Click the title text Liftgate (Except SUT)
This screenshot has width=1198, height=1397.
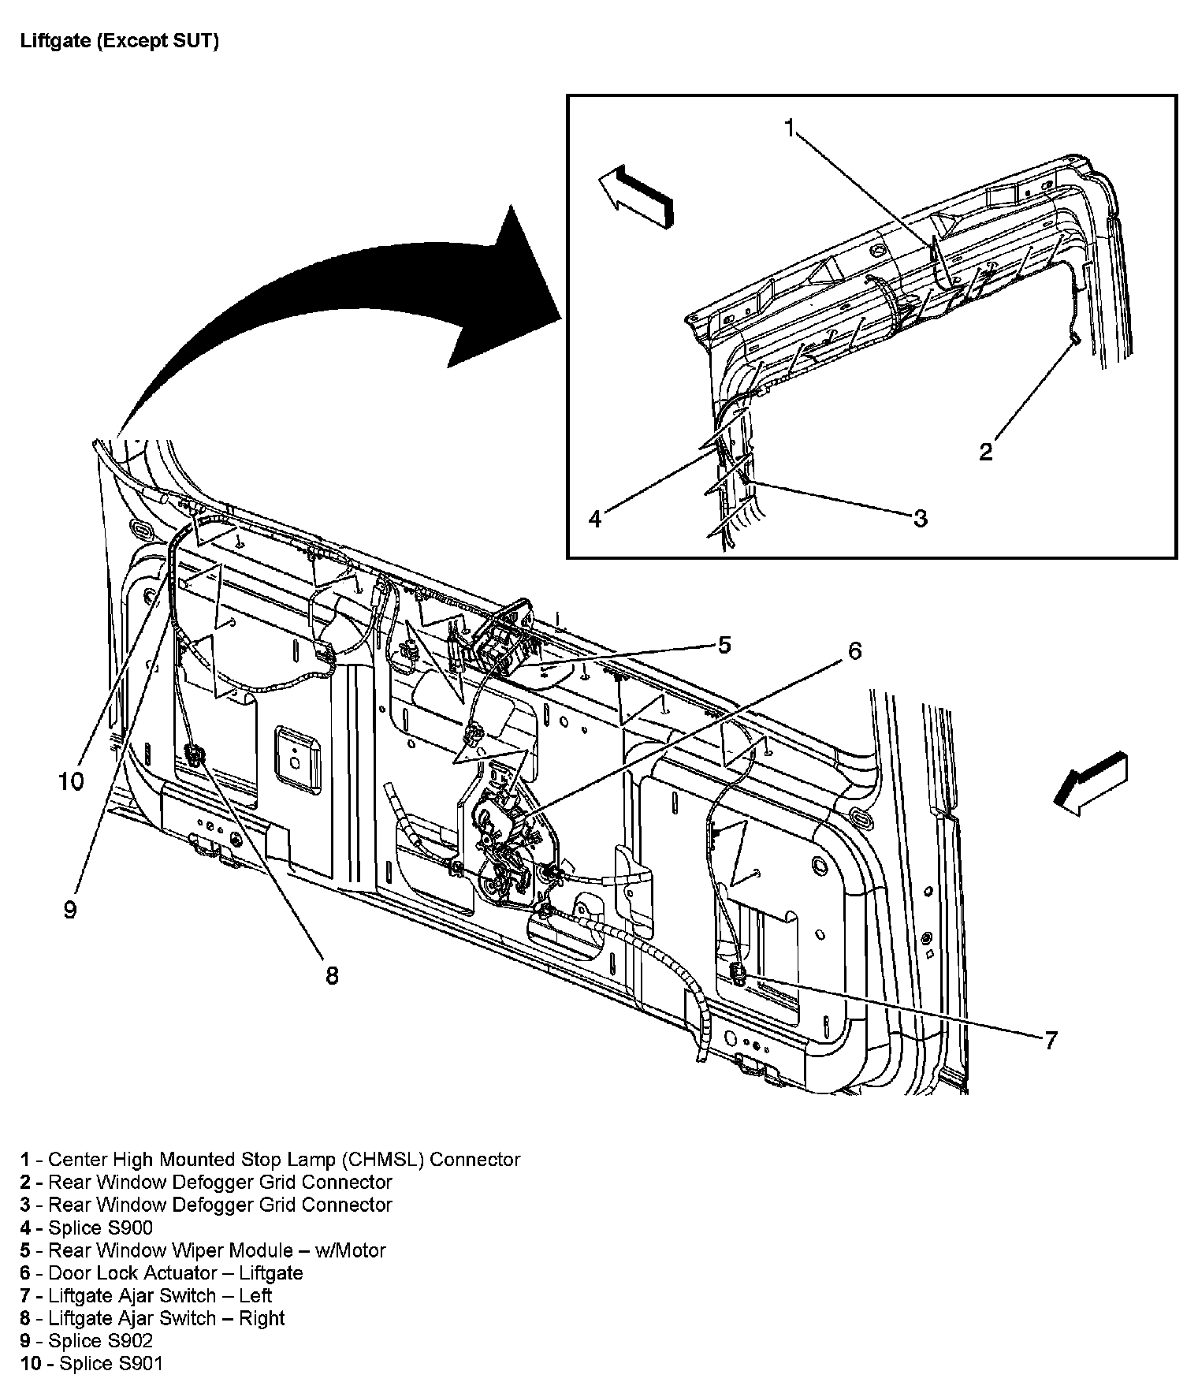point(119,41)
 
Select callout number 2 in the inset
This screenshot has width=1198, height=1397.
point(985,452)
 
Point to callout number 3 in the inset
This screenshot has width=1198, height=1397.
point(920,519)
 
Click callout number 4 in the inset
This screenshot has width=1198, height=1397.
point(596,519)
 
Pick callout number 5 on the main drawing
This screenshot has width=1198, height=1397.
point(724,645)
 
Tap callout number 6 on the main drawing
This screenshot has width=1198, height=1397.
point(854,650)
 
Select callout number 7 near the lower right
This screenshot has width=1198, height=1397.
point(1050,1040)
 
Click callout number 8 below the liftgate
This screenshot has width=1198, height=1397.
point(332,975)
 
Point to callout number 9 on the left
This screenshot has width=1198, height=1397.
point(70,909)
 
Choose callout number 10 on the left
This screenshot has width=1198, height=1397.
point(70,781)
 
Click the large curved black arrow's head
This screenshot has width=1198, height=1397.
point(504,292)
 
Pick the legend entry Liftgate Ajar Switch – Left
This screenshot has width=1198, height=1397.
point(160,1295)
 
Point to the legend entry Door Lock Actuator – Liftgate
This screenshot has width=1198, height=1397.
point(175,1273)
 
